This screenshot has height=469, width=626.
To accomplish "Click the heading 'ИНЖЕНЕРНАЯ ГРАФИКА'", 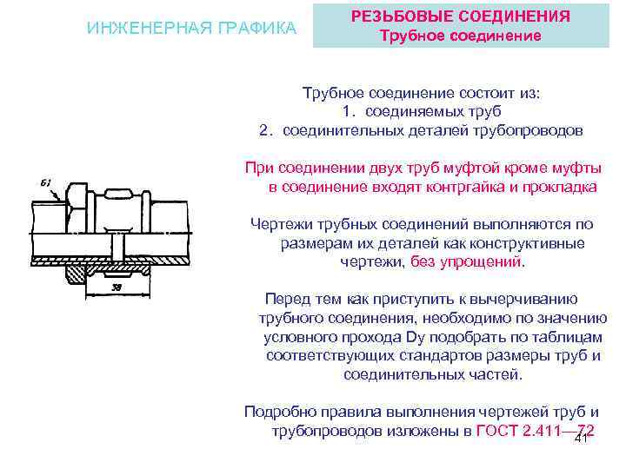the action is point(192,28).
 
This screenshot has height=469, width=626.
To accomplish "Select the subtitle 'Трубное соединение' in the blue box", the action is point(463,36).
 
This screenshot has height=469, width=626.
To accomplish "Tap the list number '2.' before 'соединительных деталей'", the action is point(268,130).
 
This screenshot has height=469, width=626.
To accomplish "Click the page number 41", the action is point(582,438).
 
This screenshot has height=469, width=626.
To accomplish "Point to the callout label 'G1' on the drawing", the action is point(46,182).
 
